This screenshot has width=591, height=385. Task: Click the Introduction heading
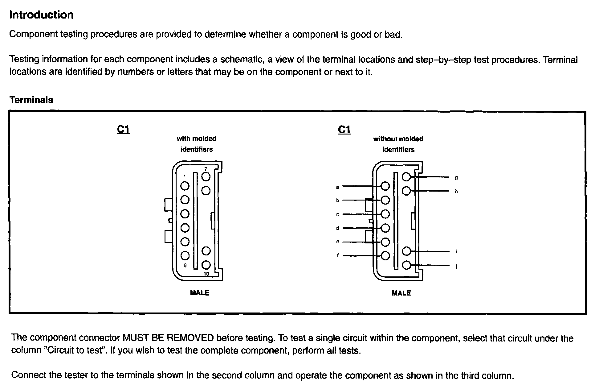pyautogui.click(x=41, y=15)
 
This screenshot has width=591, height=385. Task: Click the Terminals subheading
pyautogui.click(x=31, y=100)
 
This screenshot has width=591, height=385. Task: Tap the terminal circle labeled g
pyautogui.click(x=406, y=177)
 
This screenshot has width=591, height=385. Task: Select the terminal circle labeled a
pyautogui.click(x=385, y=186)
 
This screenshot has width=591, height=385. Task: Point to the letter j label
pyautogui.click(x=456, y=267)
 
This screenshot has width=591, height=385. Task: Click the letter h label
pyautogui.click(x=456, y=192)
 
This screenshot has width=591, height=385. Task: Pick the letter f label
pyautogui.click(x=338, y=255)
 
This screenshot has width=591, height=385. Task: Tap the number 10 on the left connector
pyautogui.click(x=206, y=274)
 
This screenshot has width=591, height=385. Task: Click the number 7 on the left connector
pyautogui.click(x=206, y=169)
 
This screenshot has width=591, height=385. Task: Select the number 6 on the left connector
pyautogui.click(x=185, y=265)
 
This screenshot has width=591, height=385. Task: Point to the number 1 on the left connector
pyautogui.click(x=185, y=177)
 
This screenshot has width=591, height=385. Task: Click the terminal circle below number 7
pyautogui.click(x=206, y=191)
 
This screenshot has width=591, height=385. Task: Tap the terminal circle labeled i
pyautogui.click(x=406, y=251)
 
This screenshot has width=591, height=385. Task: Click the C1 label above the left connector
pyautogui.click(x=124, y=129)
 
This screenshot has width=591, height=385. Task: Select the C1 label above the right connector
pyautogui.click(x=344, y=130)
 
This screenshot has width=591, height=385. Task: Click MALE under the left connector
pyautogui.click(x=200, y=293)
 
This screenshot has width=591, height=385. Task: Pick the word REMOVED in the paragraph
pyautogui.click(x=190, y=338)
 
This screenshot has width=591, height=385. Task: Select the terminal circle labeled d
pyautogui.click(x=385, y=228)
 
